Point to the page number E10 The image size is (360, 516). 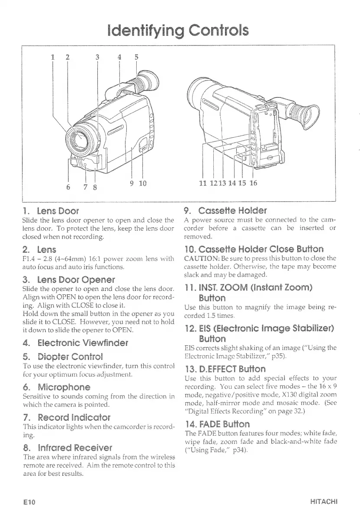pyautogui.click(x=29, y=502)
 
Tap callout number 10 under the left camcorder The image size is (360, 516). pyautogui.click(x=143, y=183)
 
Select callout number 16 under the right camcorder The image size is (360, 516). pyautogui.click(x=253, y=183)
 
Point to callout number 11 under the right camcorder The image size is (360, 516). pyautogui.click(x=202, y=183)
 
